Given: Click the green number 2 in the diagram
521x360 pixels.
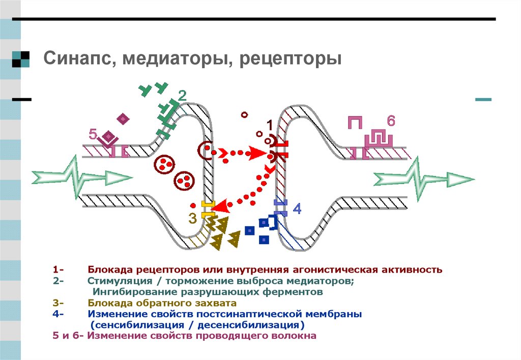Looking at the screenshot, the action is pos(182,96).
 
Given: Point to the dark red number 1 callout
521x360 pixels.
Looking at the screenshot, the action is pos(270,125).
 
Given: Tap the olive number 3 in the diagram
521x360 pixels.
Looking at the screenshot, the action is pos(192,219).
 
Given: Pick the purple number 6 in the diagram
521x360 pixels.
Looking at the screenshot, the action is pos(390,121).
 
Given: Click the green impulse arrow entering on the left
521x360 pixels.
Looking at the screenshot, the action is pos(81,177).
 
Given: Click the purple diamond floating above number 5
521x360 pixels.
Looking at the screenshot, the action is pos(123,118).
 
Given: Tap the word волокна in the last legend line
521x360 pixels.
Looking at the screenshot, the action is pos(296,336).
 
